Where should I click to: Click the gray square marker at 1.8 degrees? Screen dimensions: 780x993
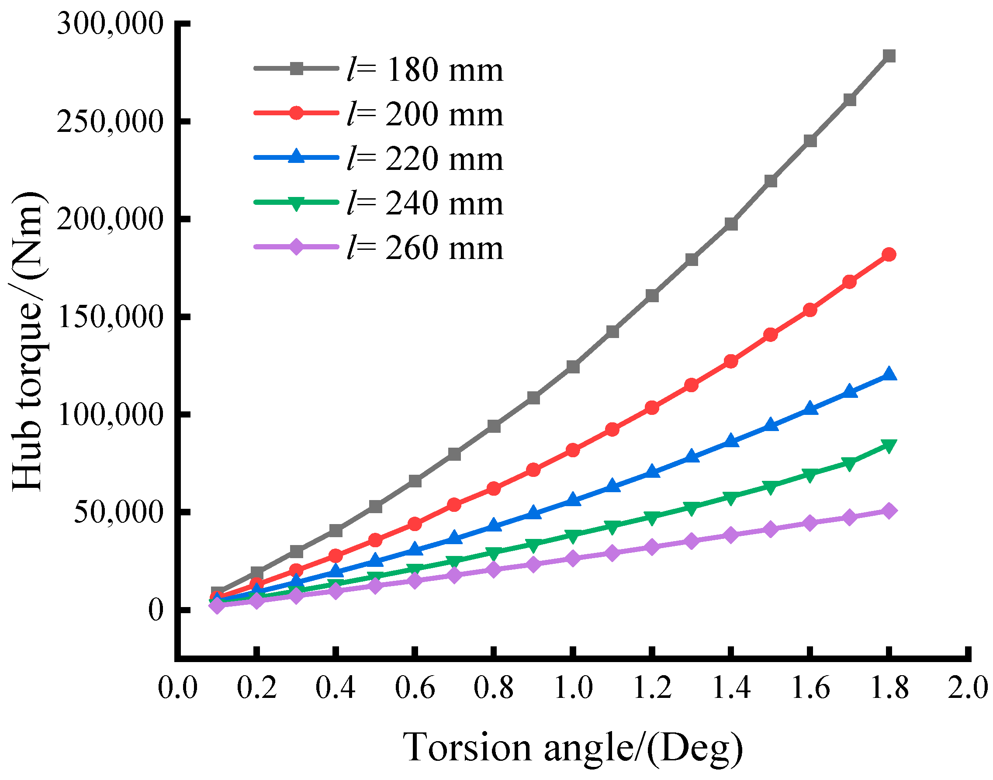pyautogui.click(x=889, y=56)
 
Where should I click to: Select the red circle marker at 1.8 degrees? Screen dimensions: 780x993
pyautogui.click(x=889, y=254)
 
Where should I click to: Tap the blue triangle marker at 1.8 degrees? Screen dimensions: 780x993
pyautogui.click(x=889, y=374)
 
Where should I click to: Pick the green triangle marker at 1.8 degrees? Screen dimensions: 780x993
pyautogui.click(x=889, y=446)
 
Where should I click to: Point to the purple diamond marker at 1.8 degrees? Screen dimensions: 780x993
pyautogui.click(x=889, y=511)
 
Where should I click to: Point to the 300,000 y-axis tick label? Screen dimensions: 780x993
pyautogui.click(x=110, y=24)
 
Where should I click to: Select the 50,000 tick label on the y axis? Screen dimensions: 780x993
pyautogui.click(x=118, y=512)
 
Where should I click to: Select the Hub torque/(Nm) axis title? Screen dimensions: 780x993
pyautogui.click(x=28, y=340)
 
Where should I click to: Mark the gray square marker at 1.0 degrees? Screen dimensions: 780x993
pyautogui.click(x=573, y=367)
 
